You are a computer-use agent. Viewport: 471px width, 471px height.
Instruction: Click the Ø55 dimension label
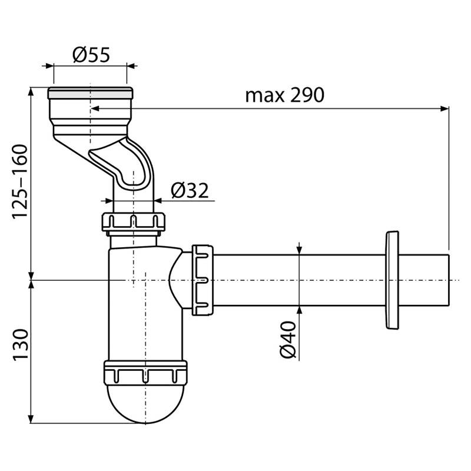coord(91,54)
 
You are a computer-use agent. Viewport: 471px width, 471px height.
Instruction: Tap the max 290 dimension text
coord(285,95)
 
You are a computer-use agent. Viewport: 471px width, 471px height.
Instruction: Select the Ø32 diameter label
coord(190,190)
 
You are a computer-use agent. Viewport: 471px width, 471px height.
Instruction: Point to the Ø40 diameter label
coord(288,340)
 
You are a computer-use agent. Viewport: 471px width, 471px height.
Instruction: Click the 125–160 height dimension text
coord(20,182)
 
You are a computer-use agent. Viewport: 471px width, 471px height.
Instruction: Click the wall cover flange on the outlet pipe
coord(392,281)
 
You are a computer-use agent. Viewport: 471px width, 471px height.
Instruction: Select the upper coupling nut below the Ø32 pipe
coord(134,222)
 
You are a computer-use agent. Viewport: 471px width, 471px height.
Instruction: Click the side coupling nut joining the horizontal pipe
coord(203,280)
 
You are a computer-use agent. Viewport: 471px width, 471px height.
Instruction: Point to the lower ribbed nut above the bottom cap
coord(145,373)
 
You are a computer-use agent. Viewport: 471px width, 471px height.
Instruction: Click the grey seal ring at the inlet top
coord(90,94)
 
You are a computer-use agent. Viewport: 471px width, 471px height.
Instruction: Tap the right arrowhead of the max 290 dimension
coord(445,109)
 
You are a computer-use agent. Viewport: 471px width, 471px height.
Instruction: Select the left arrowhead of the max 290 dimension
coord(95,109)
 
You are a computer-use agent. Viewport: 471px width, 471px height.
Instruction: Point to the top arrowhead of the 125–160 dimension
coord(31,92)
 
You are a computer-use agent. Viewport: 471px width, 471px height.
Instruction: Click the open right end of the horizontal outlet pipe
coord(449,280)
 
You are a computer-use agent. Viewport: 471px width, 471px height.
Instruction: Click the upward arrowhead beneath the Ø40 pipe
coord(299,311)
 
